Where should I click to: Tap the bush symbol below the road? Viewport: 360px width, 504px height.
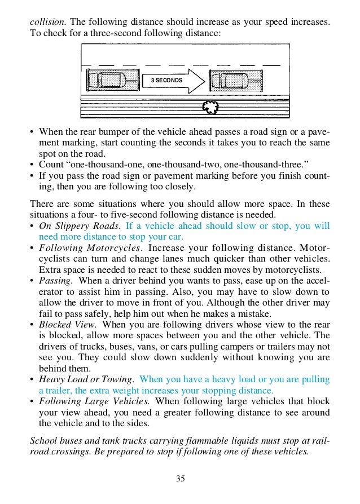pyautogui.click(x=210, y=107)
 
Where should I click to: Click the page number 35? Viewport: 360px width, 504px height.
pyautogui.click(x=180, y=479)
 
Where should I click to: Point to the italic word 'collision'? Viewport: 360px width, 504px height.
pyautogui.click(x=48, y=22)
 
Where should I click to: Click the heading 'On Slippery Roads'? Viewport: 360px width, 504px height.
pyautogui.click(x=79, y=226)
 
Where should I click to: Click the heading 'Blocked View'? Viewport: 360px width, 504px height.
pyautogui.click(x=68, y=324)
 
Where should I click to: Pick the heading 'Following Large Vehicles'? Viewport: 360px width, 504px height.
pyautogui.click(x=94, y=401)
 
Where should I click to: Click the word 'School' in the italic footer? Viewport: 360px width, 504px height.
pyautogui.click(x=43, y=437)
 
